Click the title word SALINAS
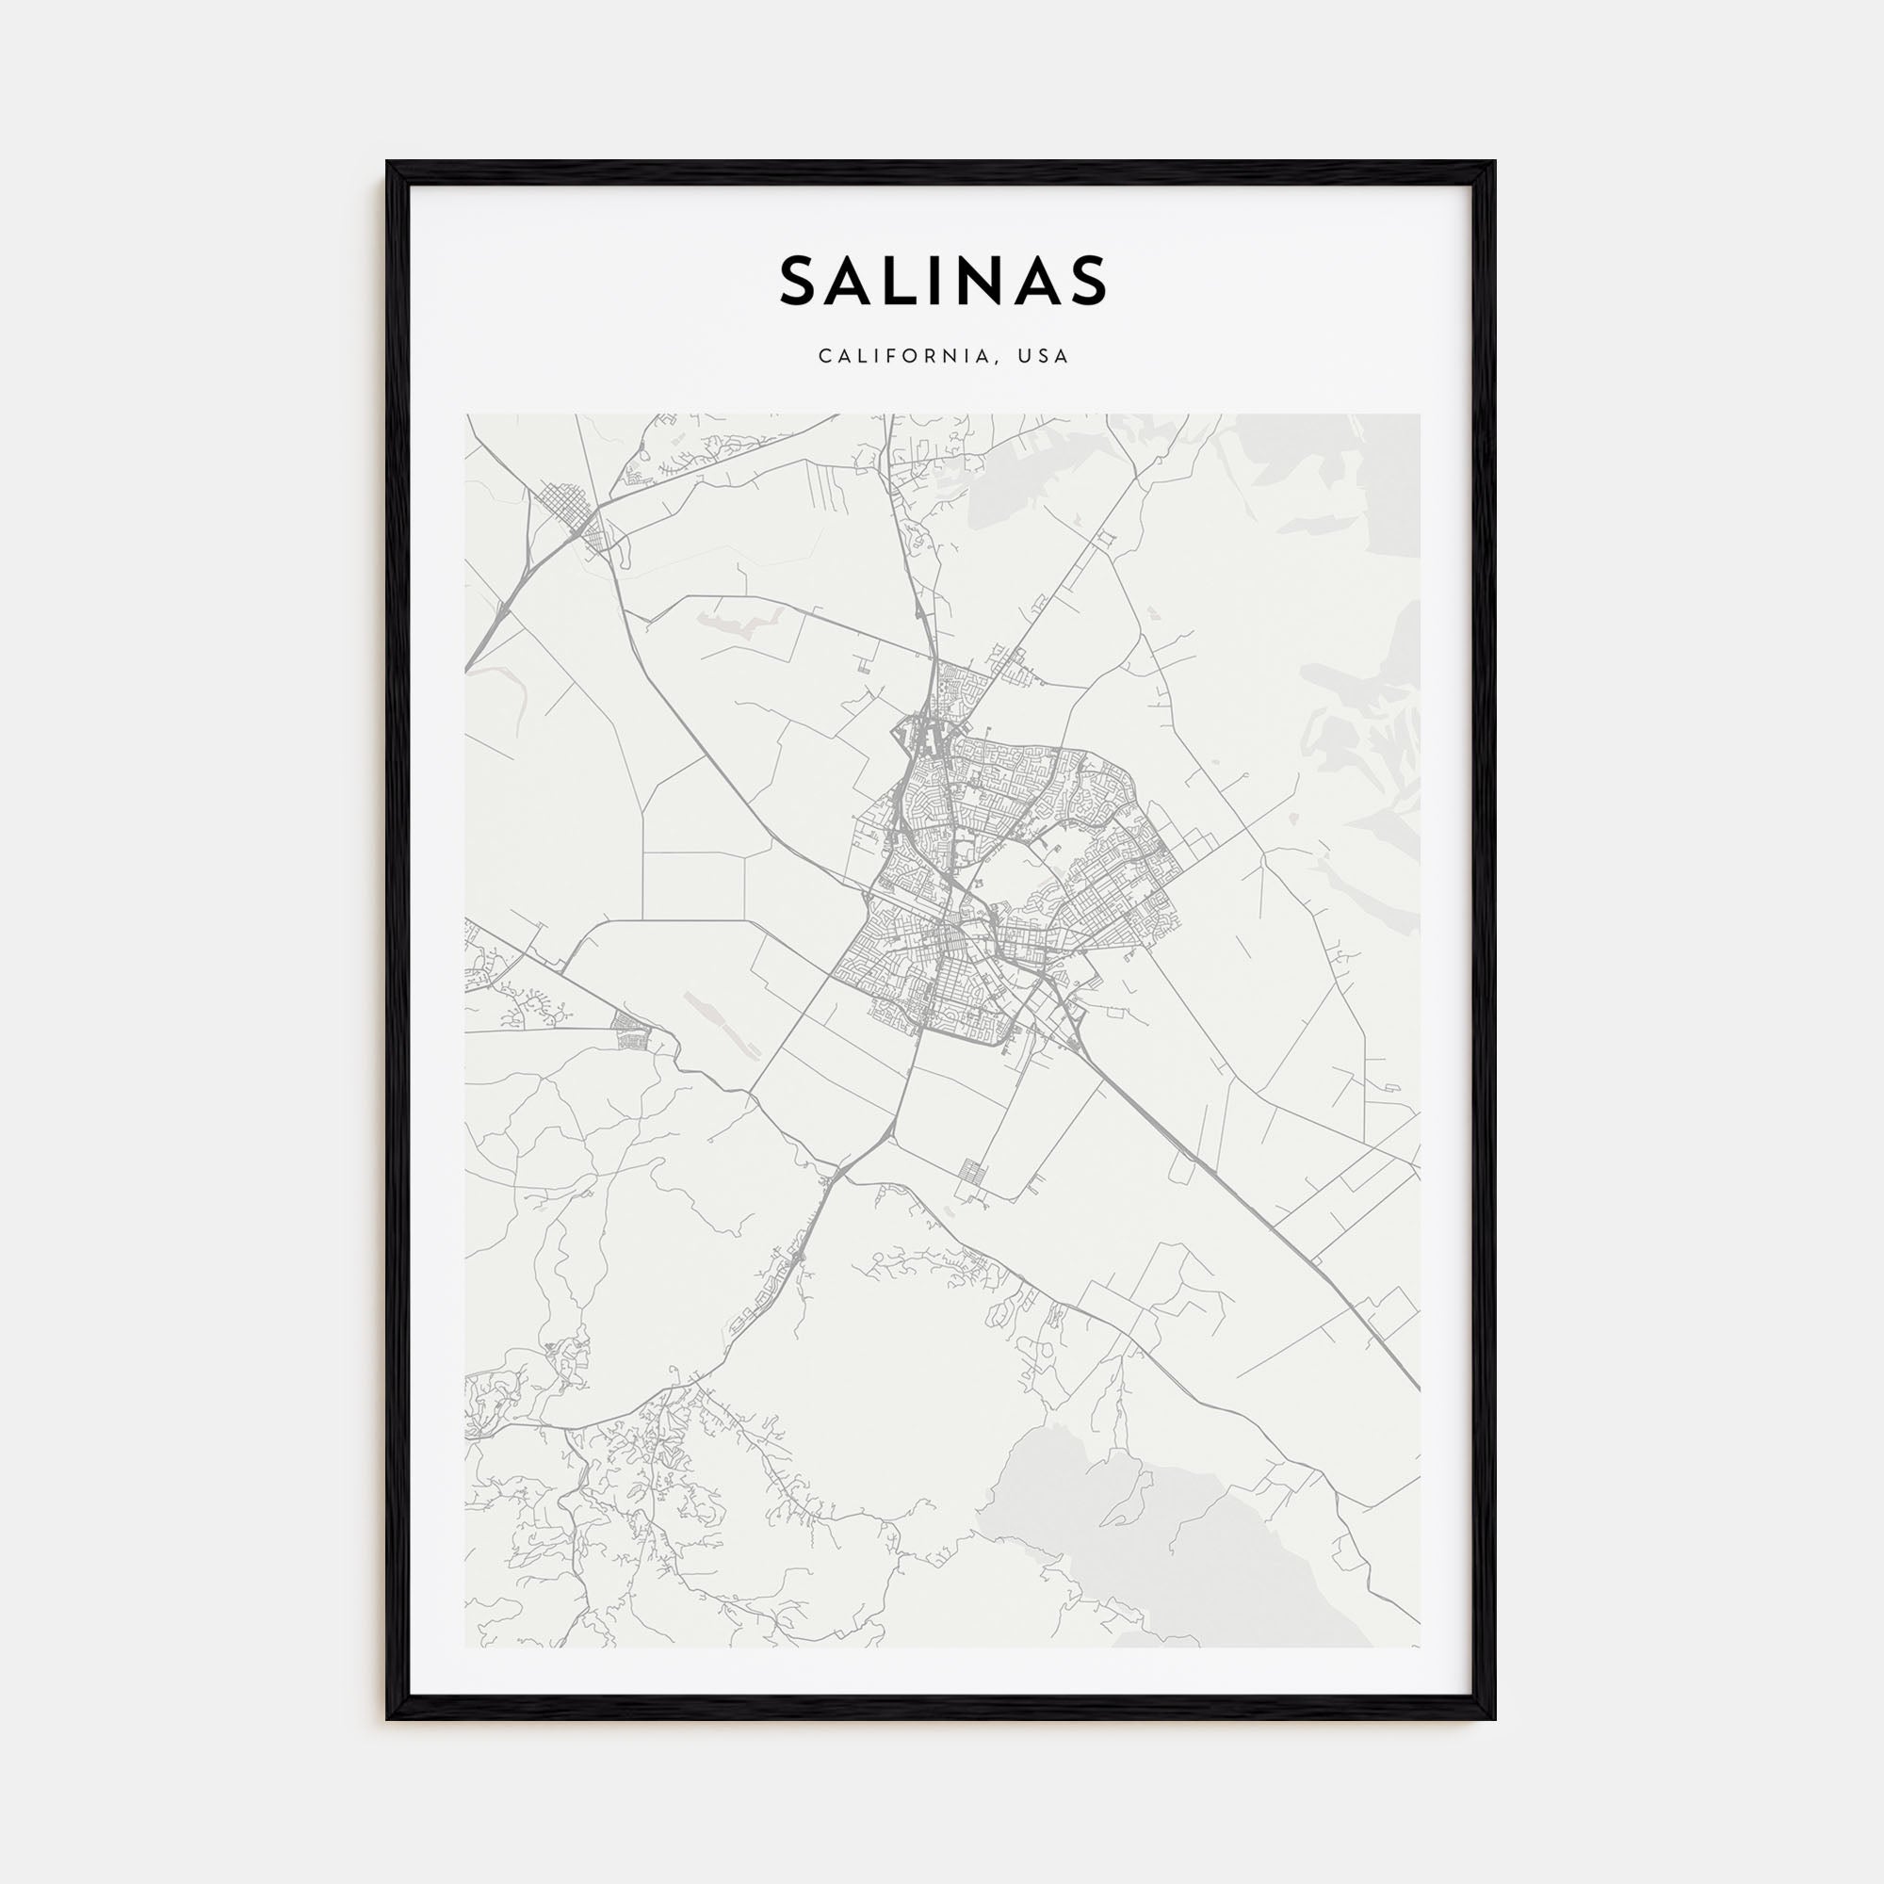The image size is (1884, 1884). pyautogui.click(x=942, y=281)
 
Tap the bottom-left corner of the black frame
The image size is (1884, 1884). pyautogui.click(x=388, y=1718)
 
